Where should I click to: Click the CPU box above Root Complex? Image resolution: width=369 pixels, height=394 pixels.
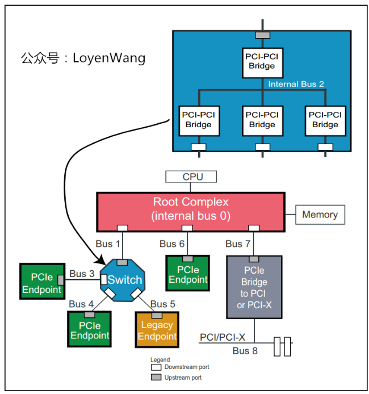point(192,177)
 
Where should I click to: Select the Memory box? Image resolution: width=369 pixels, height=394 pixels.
point(320,215)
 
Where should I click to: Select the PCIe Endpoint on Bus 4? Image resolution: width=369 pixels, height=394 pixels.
point(89,330)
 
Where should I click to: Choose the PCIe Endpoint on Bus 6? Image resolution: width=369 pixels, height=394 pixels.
point(187,275)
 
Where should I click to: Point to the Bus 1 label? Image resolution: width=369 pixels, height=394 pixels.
point(108,244)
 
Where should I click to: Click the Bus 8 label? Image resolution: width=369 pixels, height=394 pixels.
point(245,351)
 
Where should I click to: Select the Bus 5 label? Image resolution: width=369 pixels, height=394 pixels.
point(163,304)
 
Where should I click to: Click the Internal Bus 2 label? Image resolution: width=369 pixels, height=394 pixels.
point(296,84)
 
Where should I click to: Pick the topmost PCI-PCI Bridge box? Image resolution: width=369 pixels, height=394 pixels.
point(262,60)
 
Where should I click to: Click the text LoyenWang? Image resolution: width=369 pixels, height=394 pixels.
point(109,58)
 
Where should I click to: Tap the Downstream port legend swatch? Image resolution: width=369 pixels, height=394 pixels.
point(155,367)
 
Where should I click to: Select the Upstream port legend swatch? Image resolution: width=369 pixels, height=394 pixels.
point(155,377)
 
